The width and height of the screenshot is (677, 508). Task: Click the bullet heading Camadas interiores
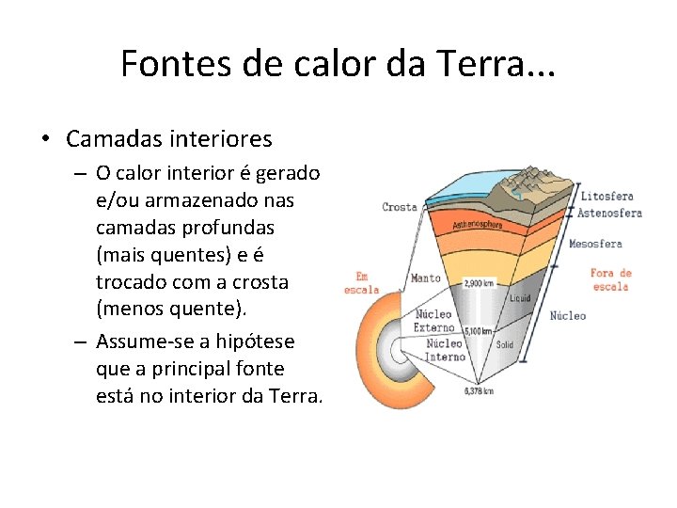pos(169,139)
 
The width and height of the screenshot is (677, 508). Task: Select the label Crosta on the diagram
pos(400,207)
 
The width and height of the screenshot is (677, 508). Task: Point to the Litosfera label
pos(606,197)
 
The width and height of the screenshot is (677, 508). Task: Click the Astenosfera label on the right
pos(609,213)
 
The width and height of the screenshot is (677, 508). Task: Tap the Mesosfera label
pos(595,245)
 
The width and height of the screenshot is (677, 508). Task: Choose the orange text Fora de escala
pos(610,279)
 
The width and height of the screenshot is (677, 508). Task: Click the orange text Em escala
pos(361,283)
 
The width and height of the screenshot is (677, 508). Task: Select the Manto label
pos(426,278)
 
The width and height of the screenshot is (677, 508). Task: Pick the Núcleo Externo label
pos(433,321)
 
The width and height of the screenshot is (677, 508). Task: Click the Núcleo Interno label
pos(445,350)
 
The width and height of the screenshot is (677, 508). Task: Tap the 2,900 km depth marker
pos(480,282)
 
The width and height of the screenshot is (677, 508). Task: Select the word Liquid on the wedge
pos(520,298)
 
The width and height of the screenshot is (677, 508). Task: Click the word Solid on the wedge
pos(505,345)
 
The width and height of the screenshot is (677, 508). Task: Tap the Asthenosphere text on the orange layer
pos(477,225)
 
